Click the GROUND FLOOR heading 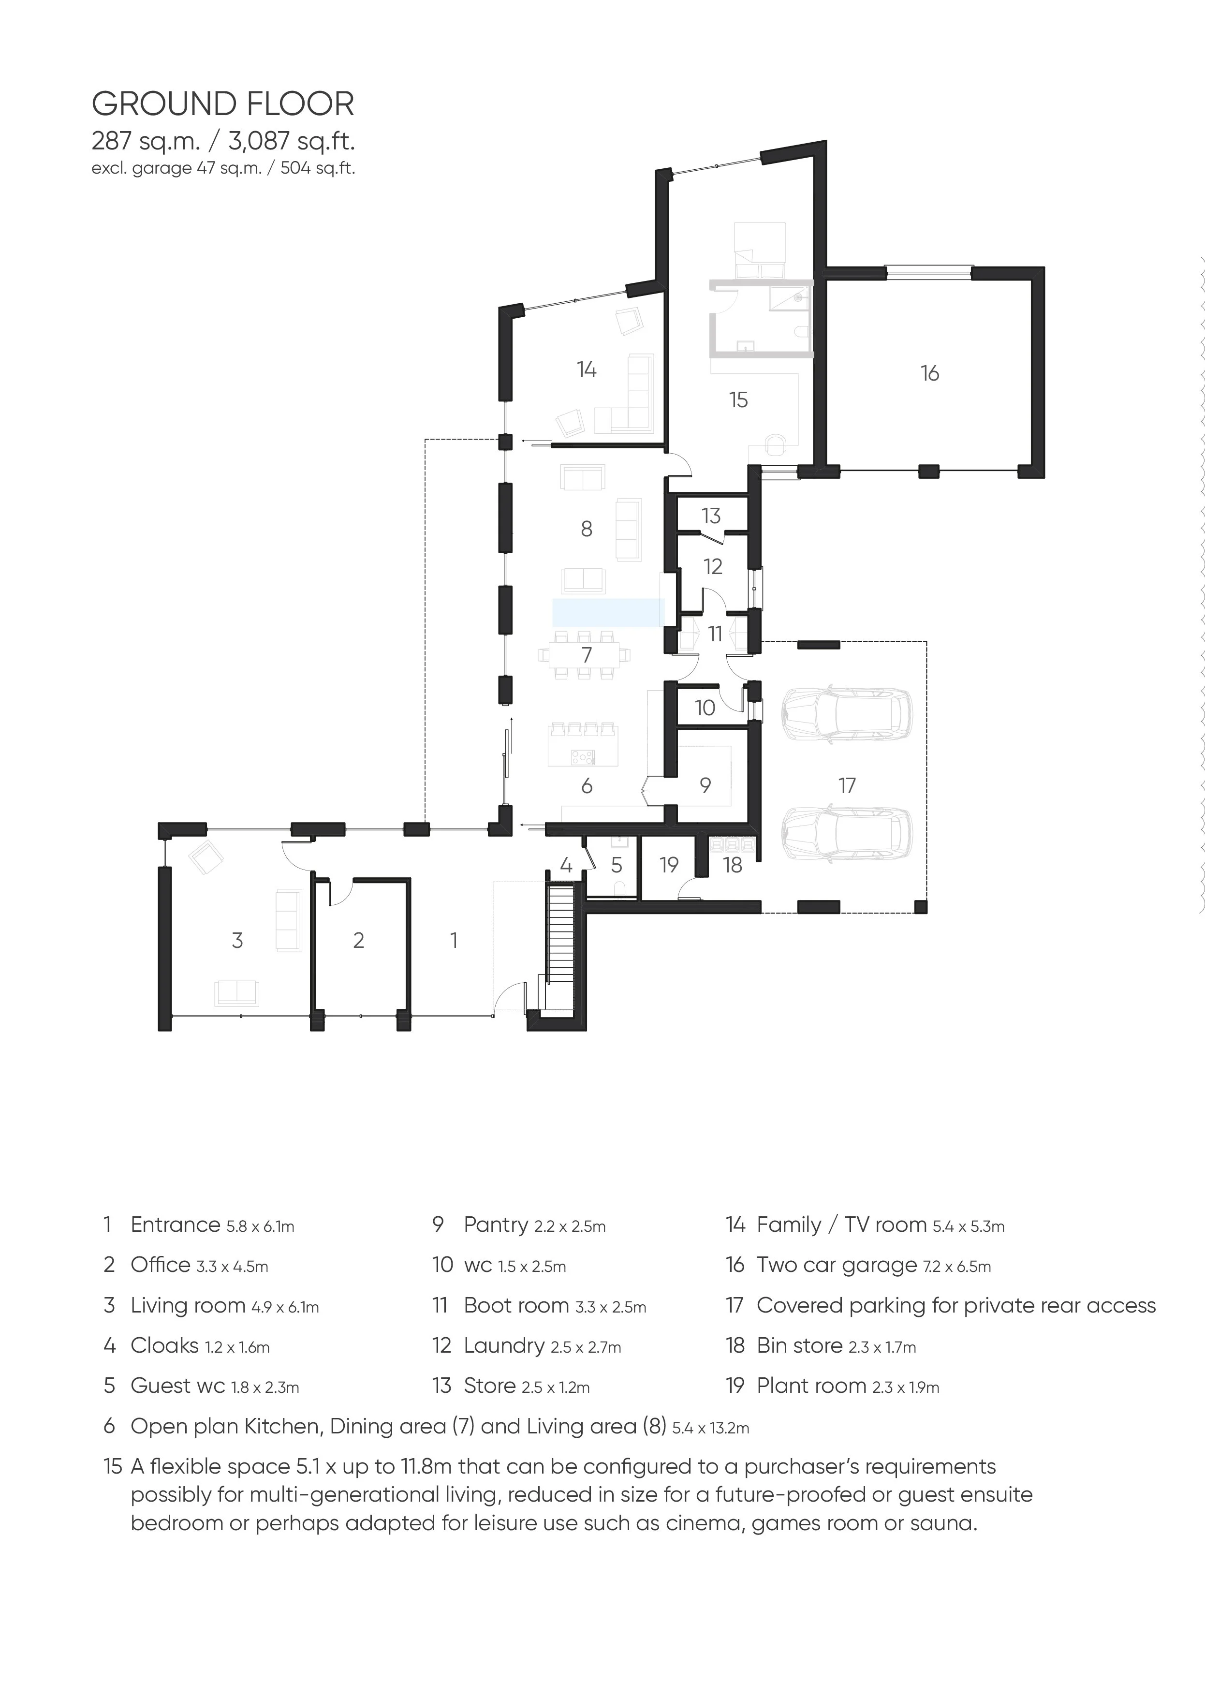pyautogui.click(x=222, y=104)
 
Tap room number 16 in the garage pyautogui.click(x=930, y=373)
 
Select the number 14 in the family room pyautogui.click(x=586, y=369)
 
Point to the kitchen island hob pyautogui.click(x=583, y=757)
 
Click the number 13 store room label pyautogui.click(x=711, y=516)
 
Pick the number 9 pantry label pyautogui.click(x=705, y=785)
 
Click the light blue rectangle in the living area pyautogui.click(x=606, y=613)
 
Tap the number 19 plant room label pyautogui.click(x=669, y=864)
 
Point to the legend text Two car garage pyautogui.click(x=836, y=1265)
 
